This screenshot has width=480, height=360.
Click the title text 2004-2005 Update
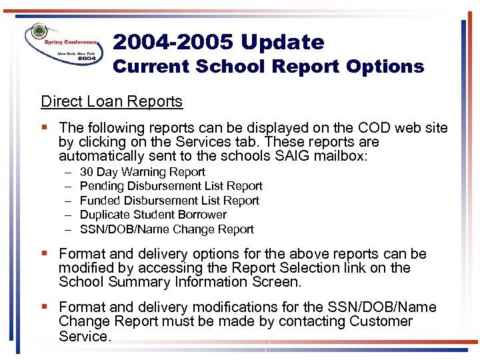pyautogui.click(x=219, y=43)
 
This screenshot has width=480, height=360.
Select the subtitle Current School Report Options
pyautogui.click(x=268, y=67)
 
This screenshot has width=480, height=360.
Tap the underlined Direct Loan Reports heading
pyautogui.click(x=111, y=101)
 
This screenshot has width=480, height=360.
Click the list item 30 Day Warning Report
pyautogui.click(x=142, y=172)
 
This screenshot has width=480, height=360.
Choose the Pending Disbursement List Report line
pyautogui.click(x=171, y=186)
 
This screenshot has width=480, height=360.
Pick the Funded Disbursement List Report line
pyautogui.click(x=169, y=201)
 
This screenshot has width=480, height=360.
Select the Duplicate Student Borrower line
pyautogui.click(x=153, y=215)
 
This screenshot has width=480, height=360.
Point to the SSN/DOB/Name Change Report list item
pyautogui.click(x=167, y=229)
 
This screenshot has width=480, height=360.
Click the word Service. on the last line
pyautogui.click(x=84, y=337)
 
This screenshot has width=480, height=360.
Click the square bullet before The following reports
pyautogui.click(x=45, y=127)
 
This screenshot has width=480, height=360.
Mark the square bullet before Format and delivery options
pyautogui.click(x=45, y=254)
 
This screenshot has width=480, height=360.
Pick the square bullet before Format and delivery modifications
pyautogui.click(x=45, y=307)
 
